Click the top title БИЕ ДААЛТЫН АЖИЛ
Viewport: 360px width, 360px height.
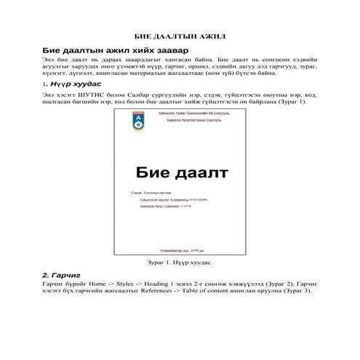coord(179,36)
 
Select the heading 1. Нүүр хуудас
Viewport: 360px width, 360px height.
coord(71,84)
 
